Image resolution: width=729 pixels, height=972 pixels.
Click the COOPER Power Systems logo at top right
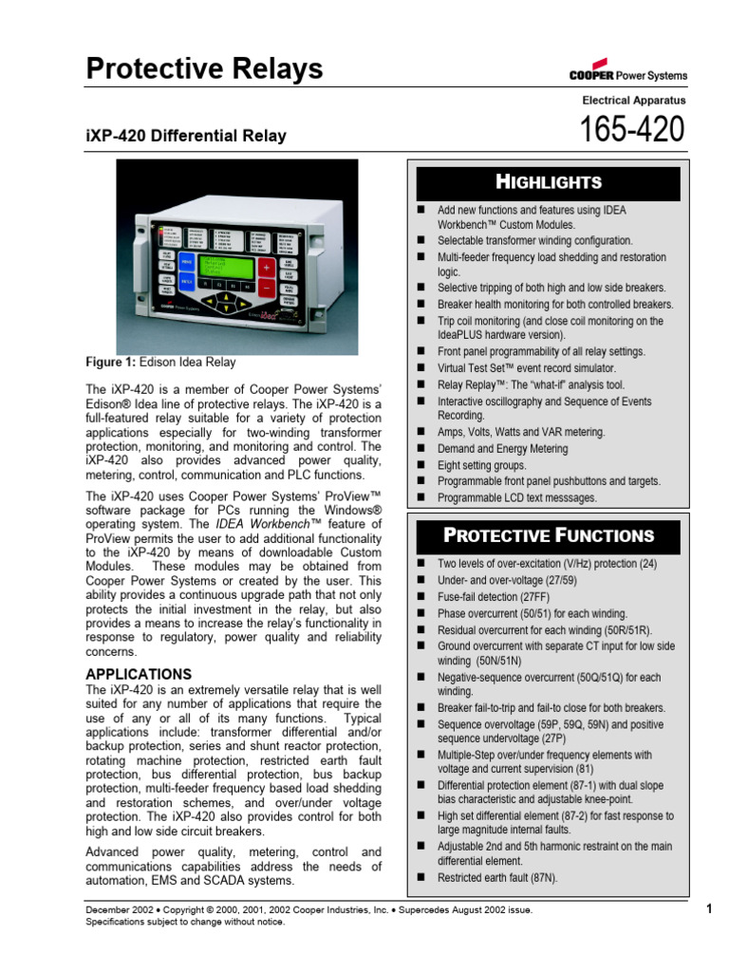click(x=628, y=75)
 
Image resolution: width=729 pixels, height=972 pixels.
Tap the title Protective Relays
click(x=204, y=68)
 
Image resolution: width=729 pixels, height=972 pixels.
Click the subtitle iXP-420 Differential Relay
click(x=186, y=137)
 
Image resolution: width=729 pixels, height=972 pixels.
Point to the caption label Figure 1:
click(x=111, y=363)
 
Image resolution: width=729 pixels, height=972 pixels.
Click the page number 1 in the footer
click(x=708, y=909)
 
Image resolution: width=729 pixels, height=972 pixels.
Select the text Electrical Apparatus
click(x=633, y=100)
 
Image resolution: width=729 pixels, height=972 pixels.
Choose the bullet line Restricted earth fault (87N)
click(x=497, y=878)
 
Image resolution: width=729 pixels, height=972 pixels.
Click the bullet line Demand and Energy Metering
click(x=502, y=449)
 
